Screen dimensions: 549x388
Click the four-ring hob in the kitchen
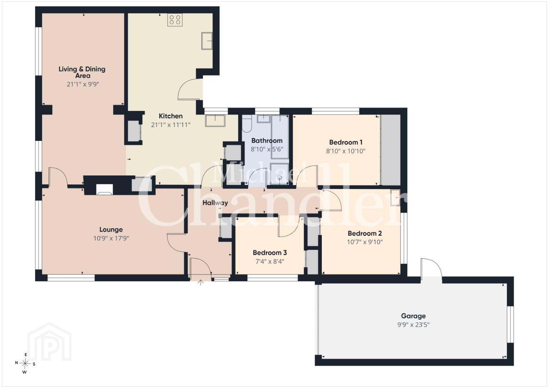coord(175,20)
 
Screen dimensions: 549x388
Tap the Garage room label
coord(413,316)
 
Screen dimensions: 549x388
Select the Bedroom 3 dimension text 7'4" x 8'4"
coord(270,262)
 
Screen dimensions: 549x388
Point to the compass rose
coord(25,363)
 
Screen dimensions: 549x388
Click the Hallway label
coord(215,203)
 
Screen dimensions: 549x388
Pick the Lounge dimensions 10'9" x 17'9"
coord(111,238)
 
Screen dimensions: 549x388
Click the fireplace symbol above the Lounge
coord(105,190)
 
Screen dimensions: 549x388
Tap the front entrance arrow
coord(201,283)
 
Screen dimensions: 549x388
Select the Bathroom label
coord(267,140)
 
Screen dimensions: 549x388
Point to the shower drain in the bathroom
coord(280,177)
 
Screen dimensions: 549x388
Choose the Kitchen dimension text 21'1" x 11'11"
coord(170,125)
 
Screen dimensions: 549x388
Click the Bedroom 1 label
coord(346,142)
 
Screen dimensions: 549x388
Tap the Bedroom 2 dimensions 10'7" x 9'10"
coord(365,242)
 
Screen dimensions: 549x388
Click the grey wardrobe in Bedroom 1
coord(390,150)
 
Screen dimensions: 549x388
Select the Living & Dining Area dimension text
coord(83,84)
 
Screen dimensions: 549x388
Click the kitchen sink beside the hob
coord(207,41)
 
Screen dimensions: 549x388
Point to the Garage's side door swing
coord(432,269)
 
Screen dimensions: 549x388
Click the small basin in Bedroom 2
coord(395,198)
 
